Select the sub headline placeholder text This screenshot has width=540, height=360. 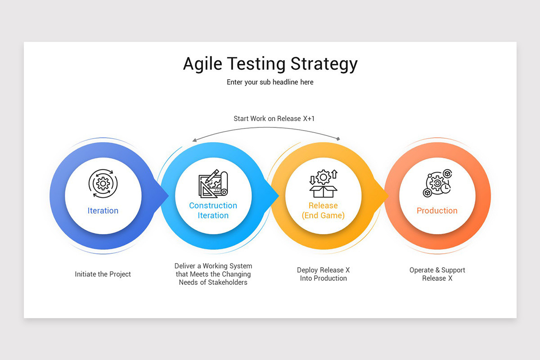point(270,82)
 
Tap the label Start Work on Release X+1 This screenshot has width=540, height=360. point(274,119)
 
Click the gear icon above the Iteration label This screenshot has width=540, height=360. point(103,183)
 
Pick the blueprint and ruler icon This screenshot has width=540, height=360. point(213,184)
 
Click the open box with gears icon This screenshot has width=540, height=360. point(323,184)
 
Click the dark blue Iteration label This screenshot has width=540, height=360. point(103,211)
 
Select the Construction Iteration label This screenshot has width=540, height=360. point(213,211)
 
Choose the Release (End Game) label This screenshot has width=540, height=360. point(323,211)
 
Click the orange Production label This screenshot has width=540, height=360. point(436,211)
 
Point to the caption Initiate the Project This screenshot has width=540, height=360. point(103,274)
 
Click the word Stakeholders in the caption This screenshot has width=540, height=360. point(225,283)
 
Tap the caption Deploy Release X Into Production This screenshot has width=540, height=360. point(323,274)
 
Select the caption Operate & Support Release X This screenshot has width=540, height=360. point(437,274)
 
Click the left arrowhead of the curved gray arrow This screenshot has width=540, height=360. point(194,140)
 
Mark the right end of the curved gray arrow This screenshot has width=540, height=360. point(338,139)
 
